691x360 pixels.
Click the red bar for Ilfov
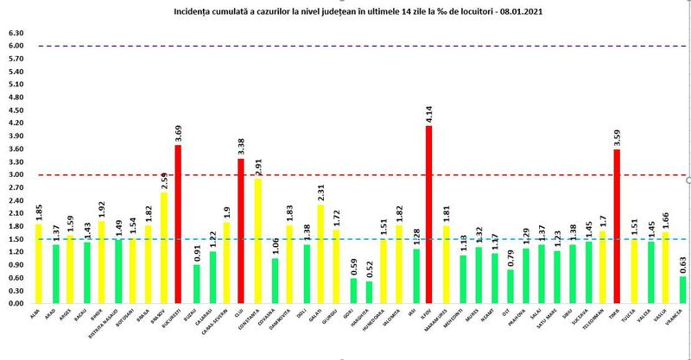pyautogui.click(x=429, y=215)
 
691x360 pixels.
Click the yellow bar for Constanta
pyautogui.click(x=257, y=242)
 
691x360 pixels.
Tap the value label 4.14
pyautogui.click(x=429, y=113)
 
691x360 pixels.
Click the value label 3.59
pyautogui.click(x=616, y=136)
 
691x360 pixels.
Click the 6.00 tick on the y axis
pyautogui.click(x=15, y=46)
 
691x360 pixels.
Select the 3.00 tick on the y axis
pyautogui.click(x=15, y=175)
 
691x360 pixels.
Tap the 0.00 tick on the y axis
pyautogui.click(x=15, y=304)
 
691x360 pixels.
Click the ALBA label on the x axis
pyautogui.click(x=36, y=316)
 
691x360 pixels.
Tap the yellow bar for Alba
pyautogui.click(x=37, y=264)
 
